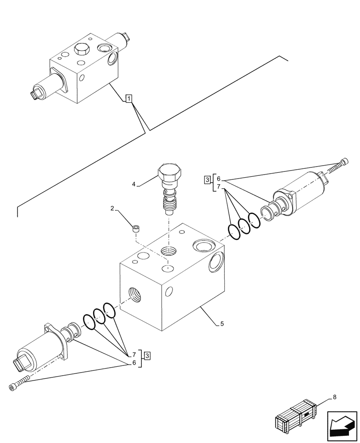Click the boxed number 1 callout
click(128, 99)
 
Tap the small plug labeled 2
click(137, 229)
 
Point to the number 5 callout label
click(222, 324)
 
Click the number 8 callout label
click(334, 397)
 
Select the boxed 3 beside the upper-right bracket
click(207, 179)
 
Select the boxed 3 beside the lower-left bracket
click(147, 354)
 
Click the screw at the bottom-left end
click(18, 384)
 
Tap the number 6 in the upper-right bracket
click(219, 179)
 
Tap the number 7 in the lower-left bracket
click(133, 354)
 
